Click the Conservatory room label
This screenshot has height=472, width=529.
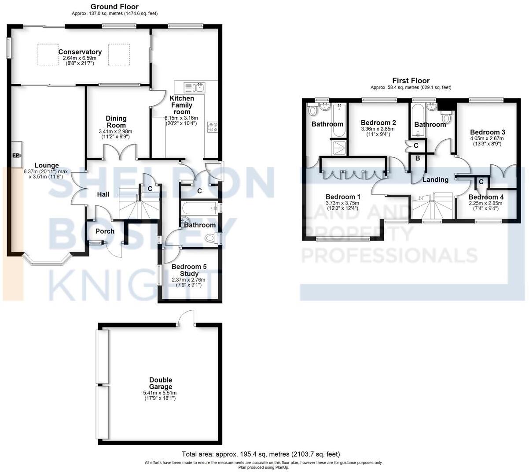coord(80,52)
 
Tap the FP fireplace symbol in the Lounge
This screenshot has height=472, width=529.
coord(16,155)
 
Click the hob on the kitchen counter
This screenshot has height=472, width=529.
coord(213,127)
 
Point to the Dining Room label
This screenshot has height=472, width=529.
coord(116,122)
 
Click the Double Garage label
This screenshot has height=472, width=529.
coord(160,383)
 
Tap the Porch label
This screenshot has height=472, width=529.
coord(105,231)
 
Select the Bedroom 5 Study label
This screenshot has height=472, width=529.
coord(189,270)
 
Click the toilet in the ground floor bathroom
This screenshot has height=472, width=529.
coord(213,238)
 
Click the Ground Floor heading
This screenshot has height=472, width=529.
coord(114,7)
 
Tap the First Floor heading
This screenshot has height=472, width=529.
coord(411,81)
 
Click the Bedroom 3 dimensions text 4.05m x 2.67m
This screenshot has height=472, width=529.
coord(487,138)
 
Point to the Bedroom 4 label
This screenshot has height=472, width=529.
coord(486,197)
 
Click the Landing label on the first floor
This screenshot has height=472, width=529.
coord(435,179)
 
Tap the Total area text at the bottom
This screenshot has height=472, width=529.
coord(261,454)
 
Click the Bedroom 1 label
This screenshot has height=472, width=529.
coord(343,197)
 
